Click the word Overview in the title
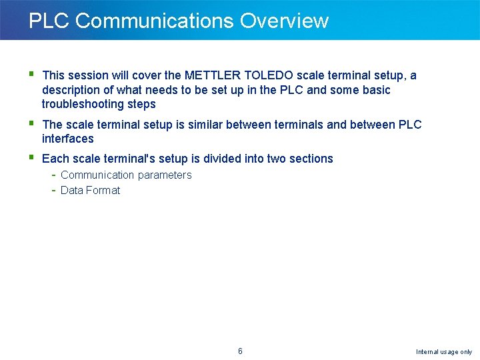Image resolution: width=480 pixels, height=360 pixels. (x=284, y=21)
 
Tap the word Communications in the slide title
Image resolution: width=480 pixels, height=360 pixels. (x=155, y=21)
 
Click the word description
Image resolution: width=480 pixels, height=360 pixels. (x=72, y=90)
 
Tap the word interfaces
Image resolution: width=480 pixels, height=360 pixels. (x=67, y=139)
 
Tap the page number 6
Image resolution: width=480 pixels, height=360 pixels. (x=240, y=351)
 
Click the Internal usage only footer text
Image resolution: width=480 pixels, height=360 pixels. (x=443, y=351)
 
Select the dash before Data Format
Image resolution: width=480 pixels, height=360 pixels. (x=53, y=190)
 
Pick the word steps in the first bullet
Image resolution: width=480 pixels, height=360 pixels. (x=142, y=104)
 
